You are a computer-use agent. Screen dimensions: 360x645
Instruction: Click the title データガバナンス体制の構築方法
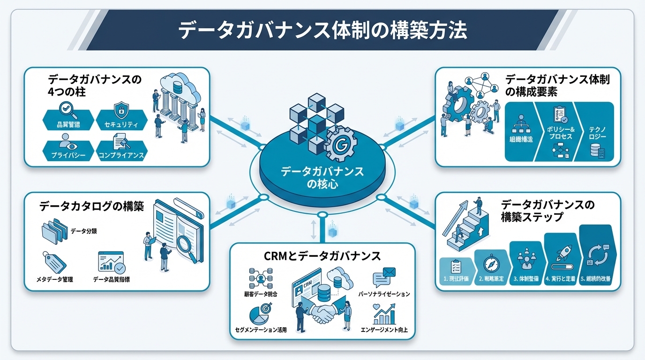[322, 30]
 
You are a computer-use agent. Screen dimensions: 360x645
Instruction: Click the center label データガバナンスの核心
[322, 177]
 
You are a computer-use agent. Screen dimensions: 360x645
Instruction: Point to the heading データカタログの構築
[91, 206]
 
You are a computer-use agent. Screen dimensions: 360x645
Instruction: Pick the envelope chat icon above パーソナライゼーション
[384, 277]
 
